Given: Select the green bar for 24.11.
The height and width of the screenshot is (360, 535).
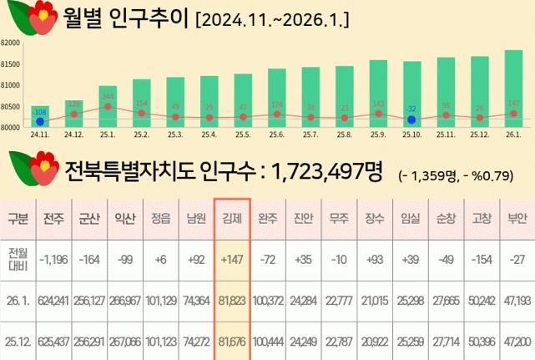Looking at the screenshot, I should click(40, 116).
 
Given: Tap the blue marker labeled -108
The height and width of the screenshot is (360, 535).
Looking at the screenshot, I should click(40, 122).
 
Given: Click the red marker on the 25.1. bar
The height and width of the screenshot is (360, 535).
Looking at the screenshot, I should click(108, 106).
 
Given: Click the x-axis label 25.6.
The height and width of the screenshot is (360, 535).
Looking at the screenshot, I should click(276, 134).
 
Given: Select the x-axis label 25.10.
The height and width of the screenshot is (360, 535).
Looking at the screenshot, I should click(411, 134).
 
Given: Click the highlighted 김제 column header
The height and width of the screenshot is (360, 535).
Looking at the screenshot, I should click(231, 219).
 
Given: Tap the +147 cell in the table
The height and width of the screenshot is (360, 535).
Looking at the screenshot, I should click(231, 260).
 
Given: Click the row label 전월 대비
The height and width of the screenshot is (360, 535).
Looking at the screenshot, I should click(18, 260).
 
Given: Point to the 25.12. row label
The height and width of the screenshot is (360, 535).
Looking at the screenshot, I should click(18, 342).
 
